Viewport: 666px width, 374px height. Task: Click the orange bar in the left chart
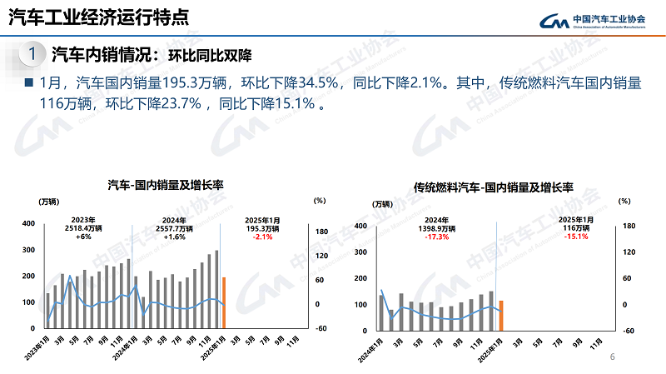tap(224, 302)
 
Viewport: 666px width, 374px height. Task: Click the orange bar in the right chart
tap(501, 315)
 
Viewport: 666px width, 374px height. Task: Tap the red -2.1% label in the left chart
tap(265, 237)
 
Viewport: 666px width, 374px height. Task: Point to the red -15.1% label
tap(576, 237)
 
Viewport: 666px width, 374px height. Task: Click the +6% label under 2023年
tap(82, 237)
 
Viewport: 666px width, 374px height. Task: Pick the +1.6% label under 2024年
tap(175, 237)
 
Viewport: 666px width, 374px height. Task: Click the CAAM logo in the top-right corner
tap(592, 20)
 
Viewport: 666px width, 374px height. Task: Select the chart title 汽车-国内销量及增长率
tap(170, 184)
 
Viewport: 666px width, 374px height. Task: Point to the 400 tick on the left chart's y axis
tap(28, 224)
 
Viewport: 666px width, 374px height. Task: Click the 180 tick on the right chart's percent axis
tap(629, 226)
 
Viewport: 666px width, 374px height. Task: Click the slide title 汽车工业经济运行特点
tap(97, 17)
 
